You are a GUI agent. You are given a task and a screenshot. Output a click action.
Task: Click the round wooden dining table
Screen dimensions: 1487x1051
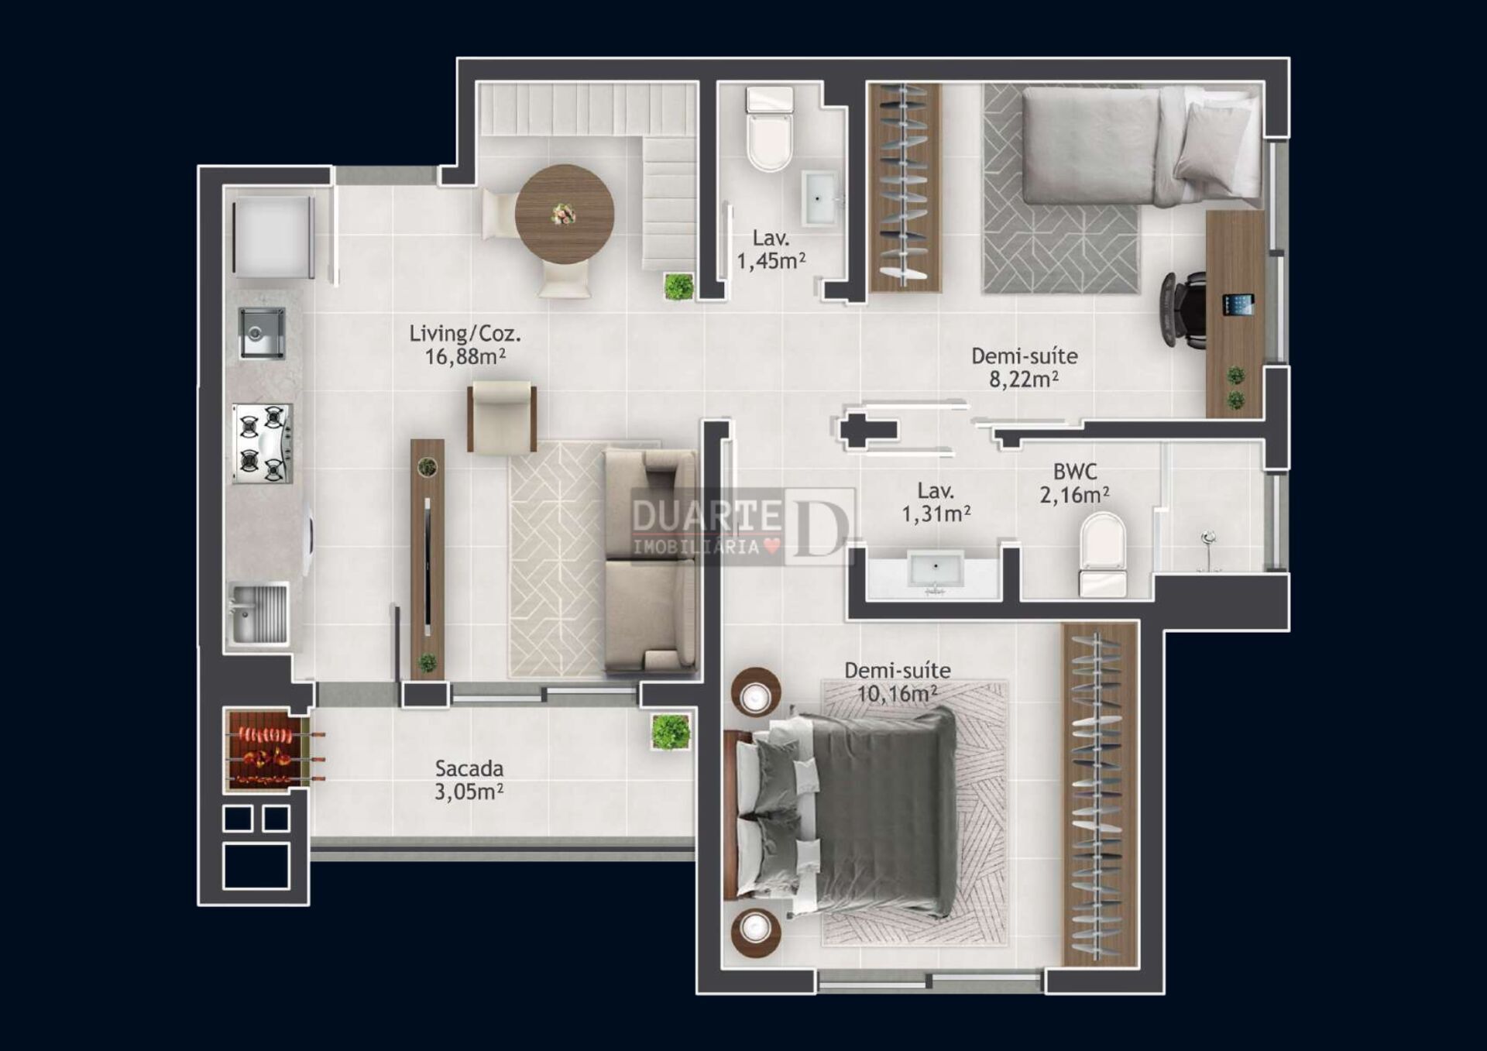(565, 214)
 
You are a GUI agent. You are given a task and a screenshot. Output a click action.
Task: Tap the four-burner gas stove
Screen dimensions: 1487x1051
(263, 444)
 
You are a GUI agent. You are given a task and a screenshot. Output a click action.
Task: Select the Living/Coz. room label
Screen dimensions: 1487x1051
(465, 334)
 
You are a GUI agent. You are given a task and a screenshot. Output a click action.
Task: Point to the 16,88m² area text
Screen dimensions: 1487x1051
(465, 356)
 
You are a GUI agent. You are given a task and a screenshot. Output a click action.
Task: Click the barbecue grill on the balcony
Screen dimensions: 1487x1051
(264, 750)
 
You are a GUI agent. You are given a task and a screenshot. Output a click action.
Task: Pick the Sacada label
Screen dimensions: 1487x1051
(469, 768)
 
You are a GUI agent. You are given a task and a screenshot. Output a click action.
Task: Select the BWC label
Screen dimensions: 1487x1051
(1075, 472)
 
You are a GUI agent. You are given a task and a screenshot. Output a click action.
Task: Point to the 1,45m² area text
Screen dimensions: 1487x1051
(771, 261)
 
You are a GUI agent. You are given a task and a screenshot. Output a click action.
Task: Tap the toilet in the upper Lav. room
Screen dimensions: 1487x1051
(769, 129)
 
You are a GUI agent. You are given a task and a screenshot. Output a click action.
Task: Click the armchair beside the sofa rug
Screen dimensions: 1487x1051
(502, 417)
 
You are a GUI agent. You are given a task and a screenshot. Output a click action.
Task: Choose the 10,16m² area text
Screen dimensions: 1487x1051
(897, 693)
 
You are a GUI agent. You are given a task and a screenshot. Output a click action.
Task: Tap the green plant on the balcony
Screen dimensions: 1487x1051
(670, 732)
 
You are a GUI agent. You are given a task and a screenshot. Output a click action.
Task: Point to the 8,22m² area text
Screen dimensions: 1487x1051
(1023, 380)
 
